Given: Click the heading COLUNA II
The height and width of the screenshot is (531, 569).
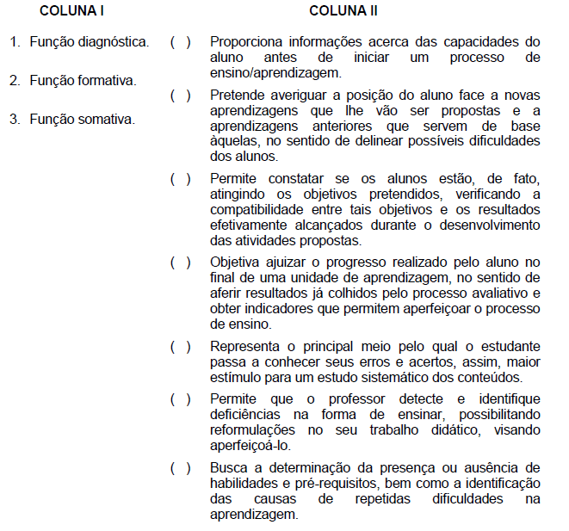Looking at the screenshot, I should click(343, 12).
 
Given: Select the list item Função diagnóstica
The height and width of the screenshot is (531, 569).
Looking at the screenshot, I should click(89, 41).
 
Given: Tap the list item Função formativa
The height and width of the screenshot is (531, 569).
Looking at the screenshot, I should click(83, 80).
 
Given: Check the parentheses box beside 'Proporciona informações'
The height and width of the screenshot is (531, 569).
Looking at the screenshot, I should click(181, 41).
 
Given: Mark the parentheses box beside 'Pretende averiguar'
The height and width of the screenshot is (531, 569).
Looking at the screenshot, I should click(181, 94).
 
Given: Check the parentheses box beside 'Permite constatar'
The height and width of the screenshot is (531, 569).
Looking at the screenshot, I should click(181, 178).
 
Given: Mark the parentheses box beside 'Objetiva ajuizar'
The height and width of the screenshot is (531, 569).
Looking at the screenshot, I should click(181, 262).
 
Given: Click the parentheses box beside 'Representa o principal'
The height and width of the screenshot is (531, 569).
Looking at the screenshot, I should click(181, 346).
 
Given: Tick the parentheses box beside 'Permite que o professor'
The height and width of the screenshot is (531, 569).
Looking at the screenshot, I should click(181, 399).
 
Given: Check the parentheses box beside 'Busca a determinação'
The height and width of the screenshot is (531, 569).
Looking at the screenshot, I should click(181, 467).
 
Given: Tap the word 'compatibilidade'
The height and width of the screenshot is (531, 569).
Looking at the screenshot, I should click(259, 210).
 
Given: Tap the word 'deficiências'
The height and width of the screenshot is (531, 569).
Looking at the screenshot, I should click(249, 415).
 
